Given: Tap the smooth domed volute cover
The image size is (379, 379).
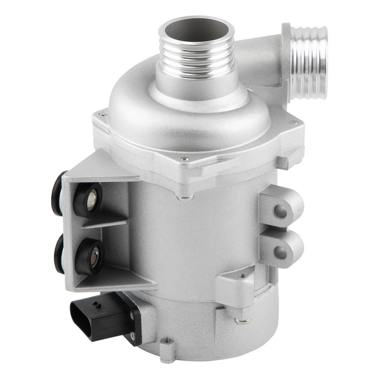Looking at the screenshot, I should [189, 114].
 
